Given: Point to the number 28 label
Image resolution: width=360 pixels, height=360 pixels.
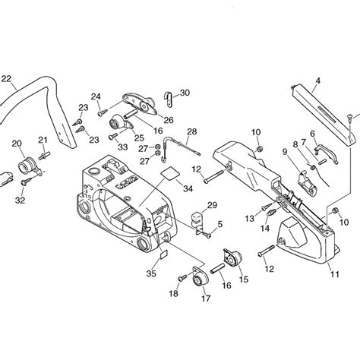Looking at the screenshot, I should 191,132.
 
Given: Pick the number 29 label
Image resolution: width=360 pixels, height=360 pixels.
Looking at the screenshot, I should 212,206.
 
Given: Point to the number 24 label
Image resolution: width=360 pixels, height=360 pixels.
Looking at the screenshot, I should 96,96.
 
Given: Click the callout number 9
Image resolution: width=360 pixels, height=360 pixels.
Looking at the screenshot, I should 285,151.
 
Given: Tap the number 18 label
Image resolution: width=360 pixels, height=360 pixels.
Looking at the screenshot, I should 174,293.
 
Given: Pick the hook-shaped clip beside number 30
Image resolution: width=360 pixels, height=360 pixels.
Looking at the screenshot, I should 168,97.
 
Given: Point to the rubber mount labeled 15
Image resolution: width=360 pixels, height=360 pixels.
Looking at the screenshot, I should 230,258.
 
